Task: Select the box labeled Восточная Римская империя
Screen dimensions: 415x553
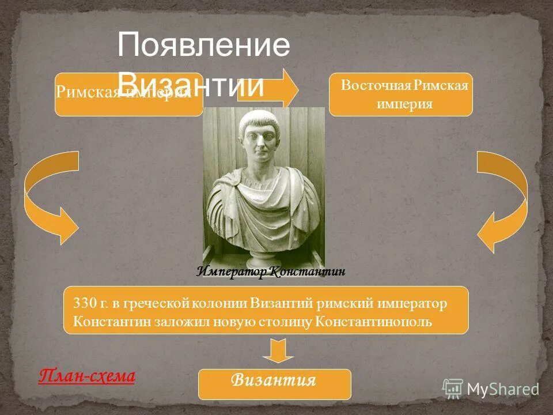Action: [400, 95]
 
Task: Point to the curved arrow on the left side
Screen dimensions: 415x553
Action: [46, 196]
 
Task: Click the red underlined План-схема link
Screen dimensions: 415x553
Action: [86, 376]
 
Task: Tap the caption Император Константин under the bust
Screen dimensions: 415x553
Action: [271, 271]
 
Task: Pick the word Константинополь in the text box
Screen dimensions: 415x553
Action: [374, 321]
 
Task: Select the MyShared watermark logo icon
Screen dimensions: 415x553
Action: [453, 389]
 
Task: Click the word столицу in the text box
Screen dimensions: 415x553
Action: [291, 321]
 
